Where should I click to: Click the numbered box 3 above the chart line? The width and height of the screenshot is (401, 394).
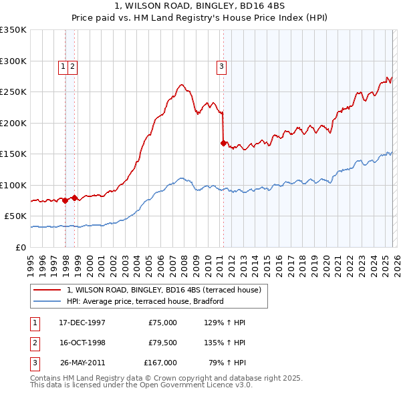(221, 66)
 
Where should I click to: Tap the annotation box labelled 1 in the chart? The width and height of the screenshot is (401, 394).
(62, 66)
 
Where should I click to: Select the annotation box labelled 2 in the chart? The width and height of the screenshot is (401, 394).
(72, 66)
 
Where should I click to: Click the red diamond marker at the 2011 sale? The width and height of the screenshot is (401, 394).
(223, 142)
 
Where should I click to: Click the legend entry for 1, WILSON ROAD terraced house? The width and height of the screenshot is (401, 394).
(167, 290)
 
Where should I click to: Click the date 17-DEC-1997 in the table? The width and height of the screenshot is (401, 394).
(82, 323)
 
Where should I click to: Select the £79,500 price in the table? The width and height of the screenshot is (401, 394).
(160, 343)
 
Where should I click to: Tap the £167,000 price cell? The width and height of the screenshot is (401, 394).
(160, 363)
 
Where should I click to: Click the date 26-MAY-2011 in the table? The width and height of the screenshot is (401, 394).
(82, 363)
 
